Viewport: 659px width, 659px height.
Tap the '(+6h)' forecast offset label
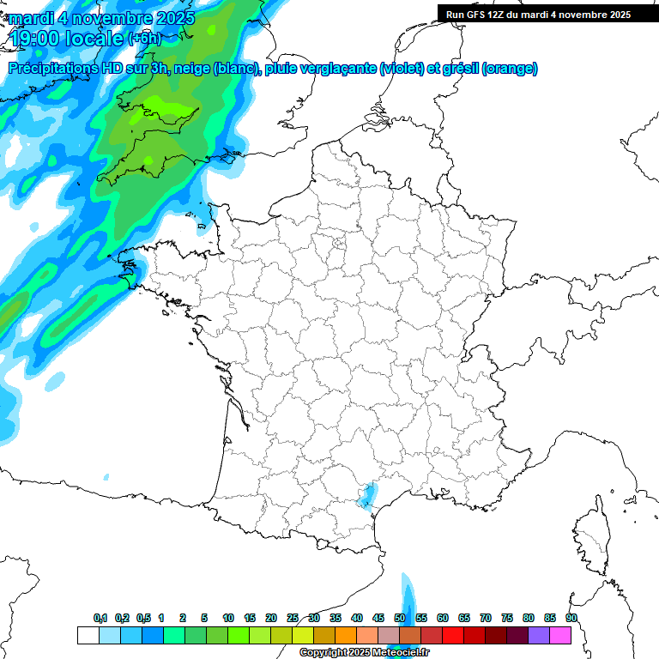(x=143, y=39)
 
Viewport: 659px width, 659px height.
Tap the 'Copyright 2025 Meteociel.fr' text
(x=364, y=653)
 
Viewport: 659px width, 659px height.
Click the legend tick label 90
(x=571, y=618)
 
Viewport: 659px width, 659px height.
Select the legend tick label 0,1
(x=100, y=618)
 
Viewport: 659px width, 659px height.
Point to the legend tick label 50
(x=400, y=618)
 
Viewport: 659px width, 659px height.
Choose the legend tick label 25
(x=293, y=618)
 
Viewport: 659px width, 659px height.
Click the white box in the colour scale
(x=88, y=635)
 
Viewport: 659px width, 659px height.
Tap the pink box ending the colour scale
(x=560, y=635)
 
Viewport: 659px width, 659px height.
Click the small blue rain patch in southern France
(x=368, y=496)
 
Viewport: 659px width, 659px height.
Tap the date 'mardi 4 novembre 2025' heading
(x=101, y=18)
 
